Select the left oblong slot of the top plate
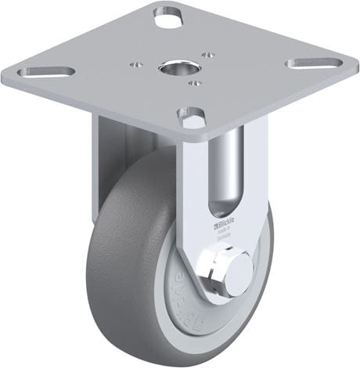point(46,72)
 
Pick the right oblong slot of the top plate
point(313,62)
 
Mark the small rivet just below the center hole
point(194,82)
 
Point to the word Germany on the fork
point(225,238)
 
